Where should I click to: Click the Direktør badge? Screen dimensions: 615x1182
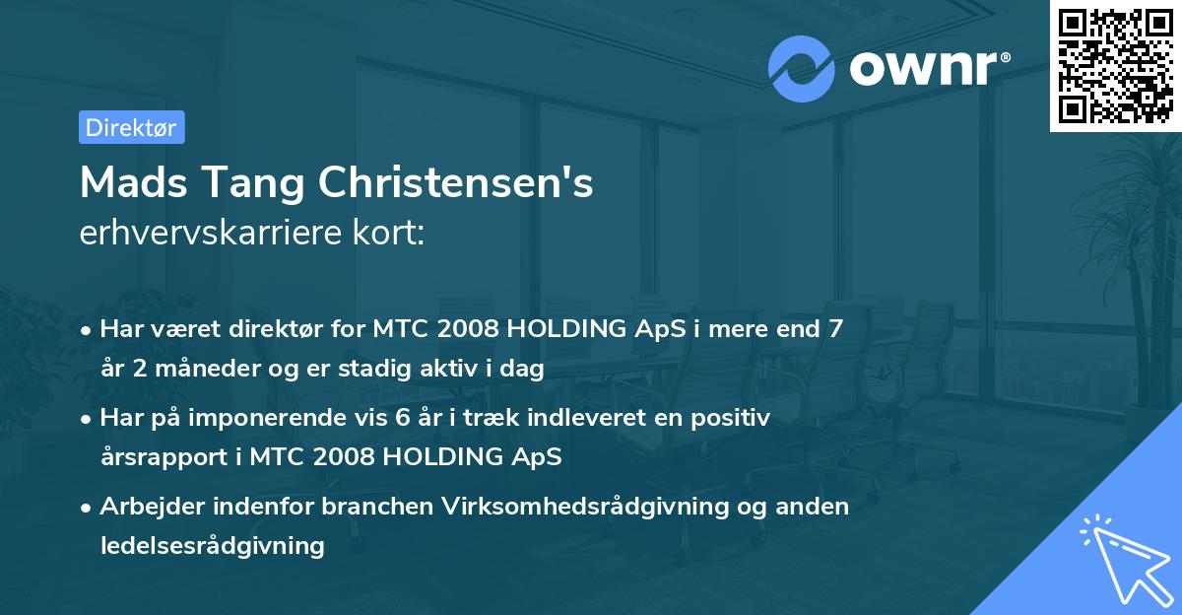pos(131,127)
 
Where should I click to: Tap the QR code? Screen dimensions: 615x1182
pos(1115,66)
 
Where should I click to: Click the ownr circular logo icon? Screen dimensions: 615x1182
pos(802,69)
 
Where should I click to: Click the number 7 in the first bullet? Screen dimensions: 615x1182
pos(834,329)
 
